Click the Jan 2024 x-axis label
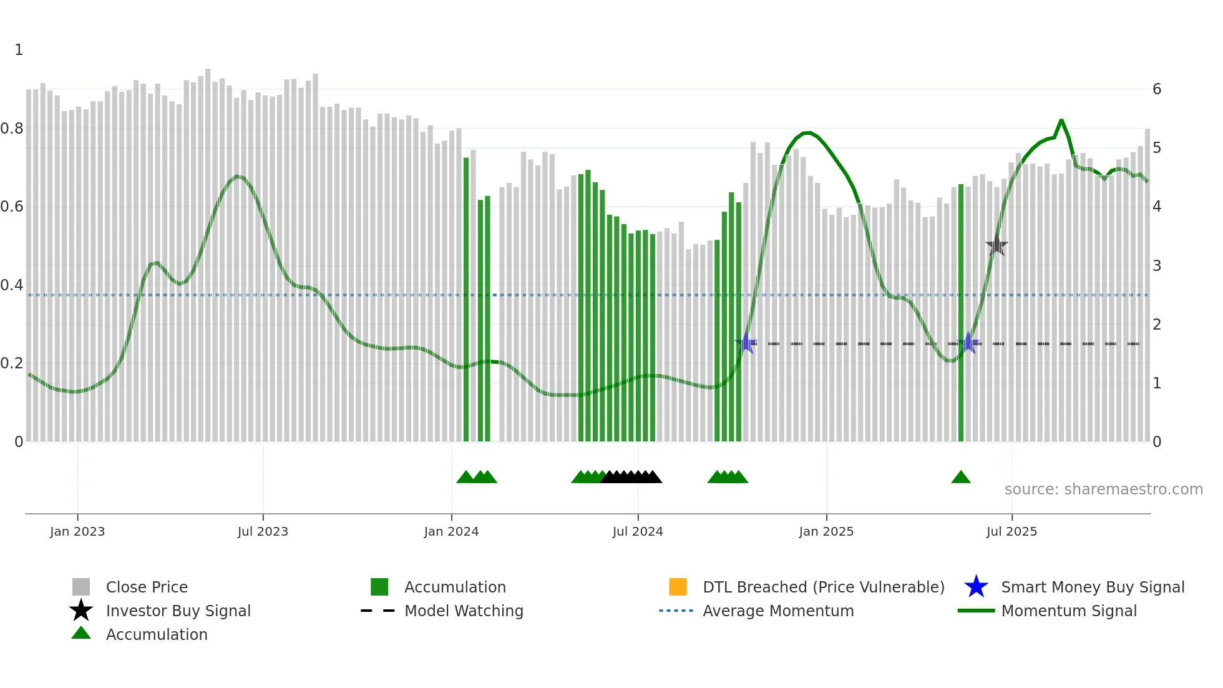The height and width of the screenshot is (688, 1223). [x=451, y=531]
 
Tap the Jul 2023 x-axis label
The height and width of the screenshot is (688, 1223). [x=263, y=531]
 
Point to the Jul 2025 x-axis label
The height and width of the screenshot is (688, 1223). [x=1011, y=531]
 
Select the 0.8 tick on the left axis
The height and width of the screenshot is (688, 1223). [x=12, y=129]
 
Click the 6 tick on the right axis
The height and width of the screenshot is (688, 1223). [x=1157, y=89]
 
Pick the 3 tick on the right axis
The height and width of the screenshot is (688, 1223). [x=1157, y=265]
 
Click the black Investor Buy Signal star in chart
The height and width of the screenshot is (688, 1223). [x=996, y=245]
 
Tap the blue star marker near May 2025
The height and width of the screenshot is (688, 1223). [x=968, y=343]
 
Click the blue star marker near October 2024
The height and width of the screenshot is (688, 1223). [x=746, y=343]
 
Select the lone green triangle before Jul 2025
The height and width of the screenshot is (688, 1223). [x=961, y=478]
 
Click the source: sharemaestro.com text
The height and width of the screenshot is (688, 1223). [x=1103, y=489]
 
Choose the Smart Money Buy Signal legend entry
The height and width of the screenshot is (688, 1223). [x=1092, y=587]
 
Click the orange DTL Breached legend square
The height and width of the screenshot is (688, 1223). [x=678, y=587]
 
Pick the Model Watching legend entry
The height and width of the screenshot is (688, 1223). [x=463, y=611]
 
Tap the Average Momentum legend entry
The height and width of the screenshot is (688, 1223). [x=777, y=611]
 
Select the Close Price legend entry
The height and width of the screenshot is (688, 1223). [x=146, y=587]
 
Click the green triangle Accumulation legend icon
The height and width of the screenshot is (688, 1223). [x=81, y=634]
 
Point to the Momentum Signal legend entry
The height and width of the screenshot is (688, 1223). [x=1068, y=611]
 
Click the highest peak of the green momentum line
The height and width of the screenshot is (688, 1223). [x=1061, y=120]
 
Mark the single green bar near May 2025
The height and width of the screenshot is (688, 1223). [x=961, y=312]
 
